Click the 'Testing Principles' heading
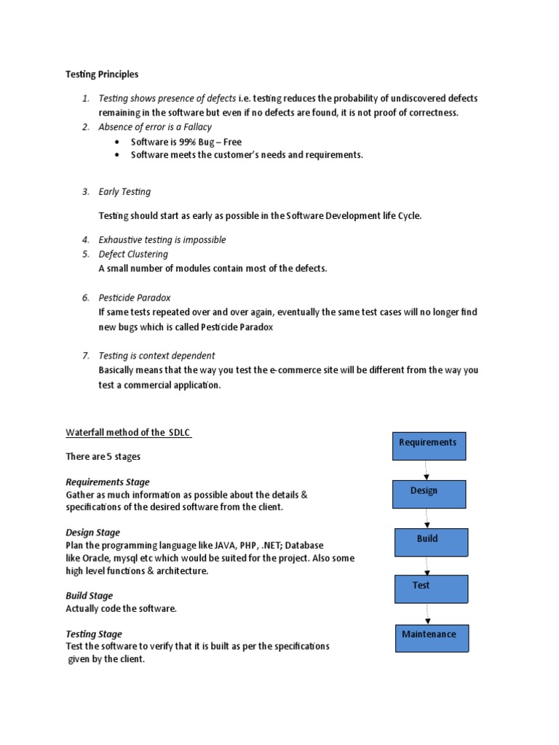point(101,74)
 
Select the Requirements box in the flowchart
point(429,445)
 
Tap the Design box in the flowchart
point(429,494)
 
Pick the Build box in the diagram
point(432,542)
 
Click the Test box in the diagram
point(431,589)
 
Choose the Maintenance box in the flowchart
point(432,637)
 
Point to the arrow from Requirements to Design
point(427,470)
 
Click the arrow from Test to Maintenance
point(427,613)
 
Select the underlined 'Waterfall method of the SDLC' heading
point(129,433)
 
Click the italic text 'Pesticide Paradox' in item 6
point(135,298)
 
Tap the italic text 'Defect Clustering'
point(133,254)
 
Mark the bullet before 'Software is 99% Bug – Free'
point(117,142)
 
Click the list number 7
point(85,356)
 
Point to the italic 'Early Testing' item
point(124,192)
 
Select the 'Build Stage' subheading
point(90,596)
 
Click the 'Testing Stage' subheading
point(94,634)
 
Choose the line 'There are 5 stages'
point(103,457)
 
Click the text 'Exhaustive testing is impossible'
point(162,239)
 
